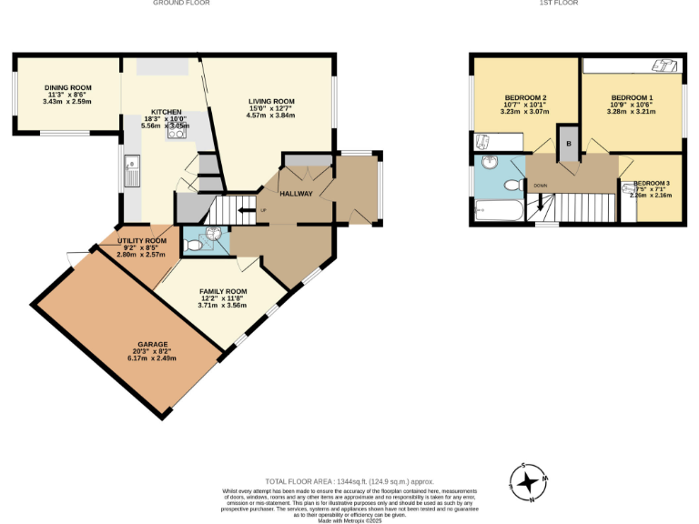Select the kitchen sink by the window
coord(132,170)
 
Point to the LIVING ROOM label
coord(271,101)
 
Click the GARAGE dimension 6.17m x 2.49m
coord(153,358)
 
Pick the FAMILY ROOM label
coord(223,291)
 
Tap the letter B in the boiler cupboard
coord(569,144)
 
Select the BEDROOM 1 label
coord(632,97)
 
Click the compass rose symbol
coord(527,482)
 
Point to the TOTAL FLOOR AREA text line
coord(349,481)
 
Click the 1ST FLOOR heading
coord(558,4)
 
